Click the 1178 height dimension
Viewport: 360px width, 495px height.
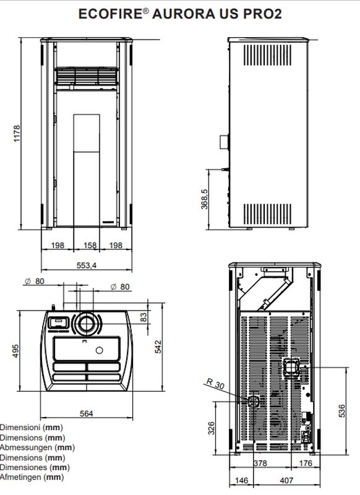pyautogui.click(x=17, y=133)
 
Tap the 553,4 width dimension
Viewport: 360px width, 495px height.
pyautogui.click(x=87, y=265)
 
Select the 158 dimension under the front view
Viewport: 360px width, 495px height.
pyautogui.click(x=90, y=245)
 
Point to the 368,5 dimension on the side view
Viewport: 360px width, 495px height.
pyautogui.click(x=205, y=199)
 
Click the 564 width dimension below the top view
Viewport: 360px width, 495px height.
pyautogui.click(x=86, y=413)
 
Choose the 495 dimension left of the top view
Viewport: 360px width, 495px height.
pyautogui.click(x=15, y=351)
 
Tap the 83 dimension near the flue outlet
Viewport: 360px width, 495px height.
pyautogui.click(x=144, y=317)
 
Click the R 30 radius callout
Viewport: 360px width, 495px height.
pyautogui.click(x=215, y=384)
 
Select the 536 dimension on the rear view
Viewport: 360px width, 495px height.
pyautogui.click(x=341, y=411)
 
